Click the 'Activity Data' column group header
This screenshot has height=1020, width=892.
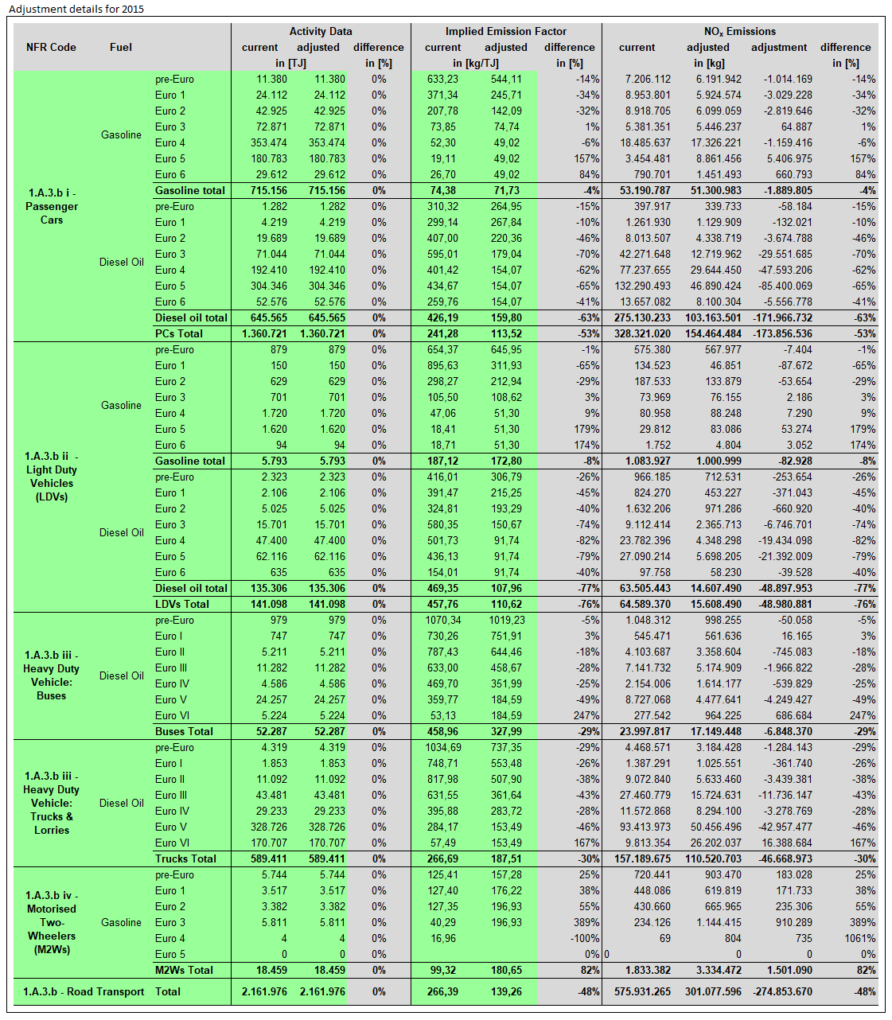[321, 31]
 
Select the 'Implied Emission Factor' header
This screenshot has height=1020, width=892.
[506, 31]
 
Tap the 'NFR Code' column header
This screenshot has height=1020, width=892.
[51, 47]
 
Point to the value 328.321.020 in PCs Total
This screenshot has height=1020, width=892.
[642, 333]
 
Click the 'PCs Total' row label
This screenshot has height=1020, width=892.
[179, 333]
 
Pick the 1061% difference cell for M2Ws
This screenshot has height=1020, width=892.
[860, 938]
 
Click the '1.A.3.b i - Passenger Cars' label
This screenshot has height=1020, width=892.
[52, 206]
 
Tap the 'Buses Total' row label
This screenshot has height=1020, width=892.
[184, 731]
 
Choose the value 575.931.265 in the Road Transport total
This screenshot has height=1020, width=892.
[642, 991]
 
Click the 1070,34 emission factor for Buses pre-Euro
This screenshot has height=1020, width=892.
[442, 620]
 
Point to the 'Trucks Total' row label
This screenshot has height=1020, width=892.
[185, 858]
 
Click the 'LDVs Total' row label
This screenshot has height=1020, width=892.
[182, 604]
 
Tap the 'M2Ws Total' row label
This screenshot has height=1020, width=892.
[184, 970]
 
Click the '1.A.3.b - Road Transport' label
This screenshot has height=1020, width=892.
[84, 991]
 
